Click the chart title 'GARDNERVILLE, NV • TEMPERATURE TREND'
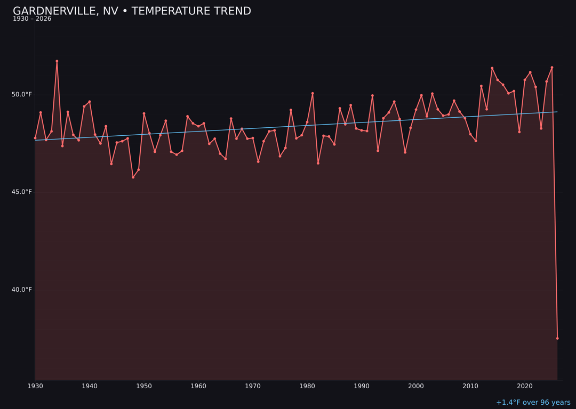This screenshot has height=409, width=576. (x=132, y=11)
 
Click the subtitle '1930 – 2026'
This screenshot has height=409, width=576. (x=32, y=19)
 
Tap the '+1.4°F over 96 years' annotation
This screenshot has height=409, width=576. (x=533, y=403)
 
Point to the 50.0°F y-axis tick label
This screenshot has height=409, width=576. (x=22, y=95)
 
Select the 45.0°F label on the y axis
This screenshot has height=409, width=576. (x=22, y=192)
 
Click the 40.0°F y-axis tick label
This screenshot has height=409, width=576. (x=22, y=290)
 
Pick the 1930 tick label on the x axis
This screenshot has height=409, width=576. (x=35, y=386)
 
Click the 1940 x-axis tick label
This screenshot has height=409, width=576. (x=90, y=386)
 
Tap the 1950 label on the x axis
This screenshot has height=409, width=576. (x=144, y=386)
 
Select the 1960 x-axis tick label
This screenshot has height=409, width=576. (x=198, y=386)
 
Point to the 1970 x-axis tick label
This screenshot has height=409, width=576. (x=253, y=386)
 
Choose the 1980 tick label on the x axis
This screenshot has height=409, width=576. (x=307, y=386)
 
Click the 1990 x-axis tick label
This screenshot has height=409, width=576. (x=362, y=386)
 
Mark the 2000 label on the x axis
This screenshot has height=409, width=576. (x=416, y=386)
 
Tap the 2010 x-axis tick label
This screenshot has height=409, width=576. (x=470, y=386)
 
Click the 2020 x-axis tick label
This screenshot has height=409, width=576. (x=525, y=386)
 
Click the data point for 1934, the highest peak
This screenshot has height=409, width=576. (x=57, y=61)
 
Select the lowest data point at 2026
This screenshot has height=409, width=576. (x=557, y=338)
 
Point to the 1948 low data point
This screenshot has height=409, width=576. (x=133, y=177)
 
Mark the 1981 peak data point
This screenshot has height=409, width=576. (x=313, y=94)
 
